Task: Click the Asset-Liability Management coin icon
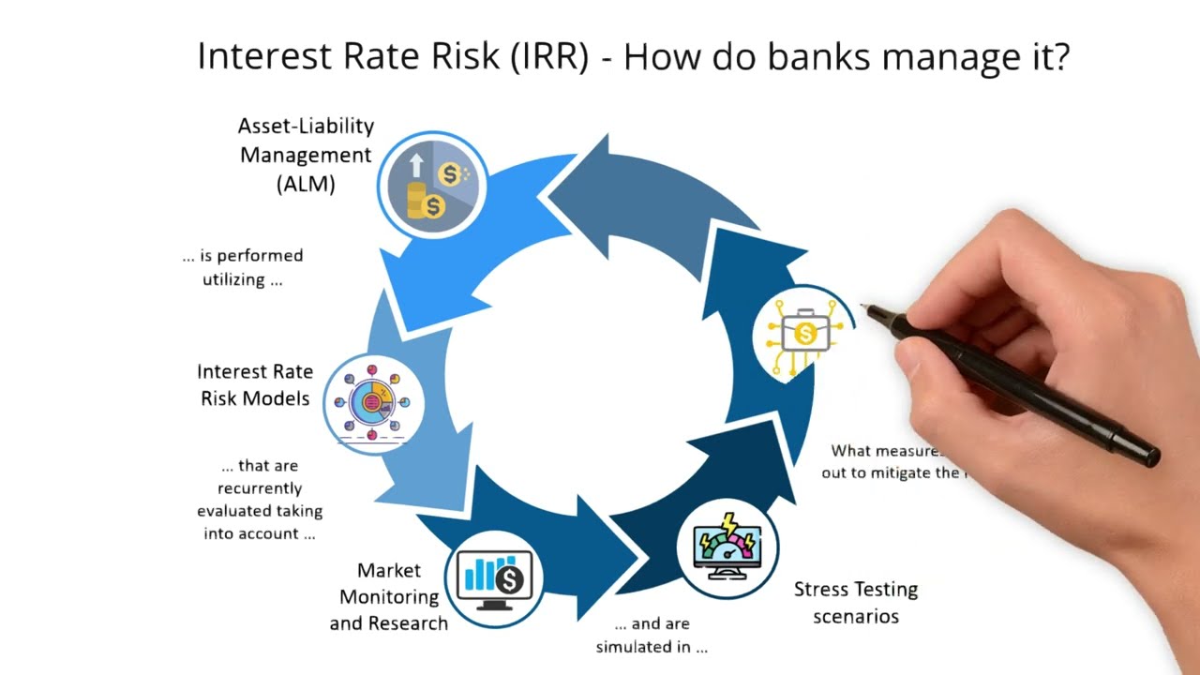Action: pyautogui.click(x=432, y=185)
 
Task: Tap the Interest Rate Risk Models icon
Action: pyautogui.click(x=374, y=403)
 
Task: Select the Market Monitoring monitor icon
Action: pyautogui.click(x=494, y=576)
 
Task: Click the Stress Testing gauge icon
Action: pyautogui.click(x=727, y=548)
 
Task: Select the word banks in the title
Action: pyautogui.click(x=819, y=57)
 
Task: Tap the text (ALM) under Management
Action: pyautogui.click(x=306, y=184)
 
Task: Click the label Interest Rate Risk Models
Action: pyautogui.click(x=255, y=384)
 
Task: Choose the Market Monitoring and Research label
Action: pyautogui.click(x=389, y=596)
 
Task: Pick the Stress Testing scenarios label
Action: pyautogui.click(x=855, y=602)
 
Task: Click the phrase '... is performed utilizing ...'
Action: pyautogui.click(x=243, y=267)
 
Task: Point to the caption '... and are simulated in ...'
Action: pyautogui.click(x=652, y=635)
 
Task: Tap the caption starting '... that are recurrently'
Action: pyautogui.click(x=260, y=500)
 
